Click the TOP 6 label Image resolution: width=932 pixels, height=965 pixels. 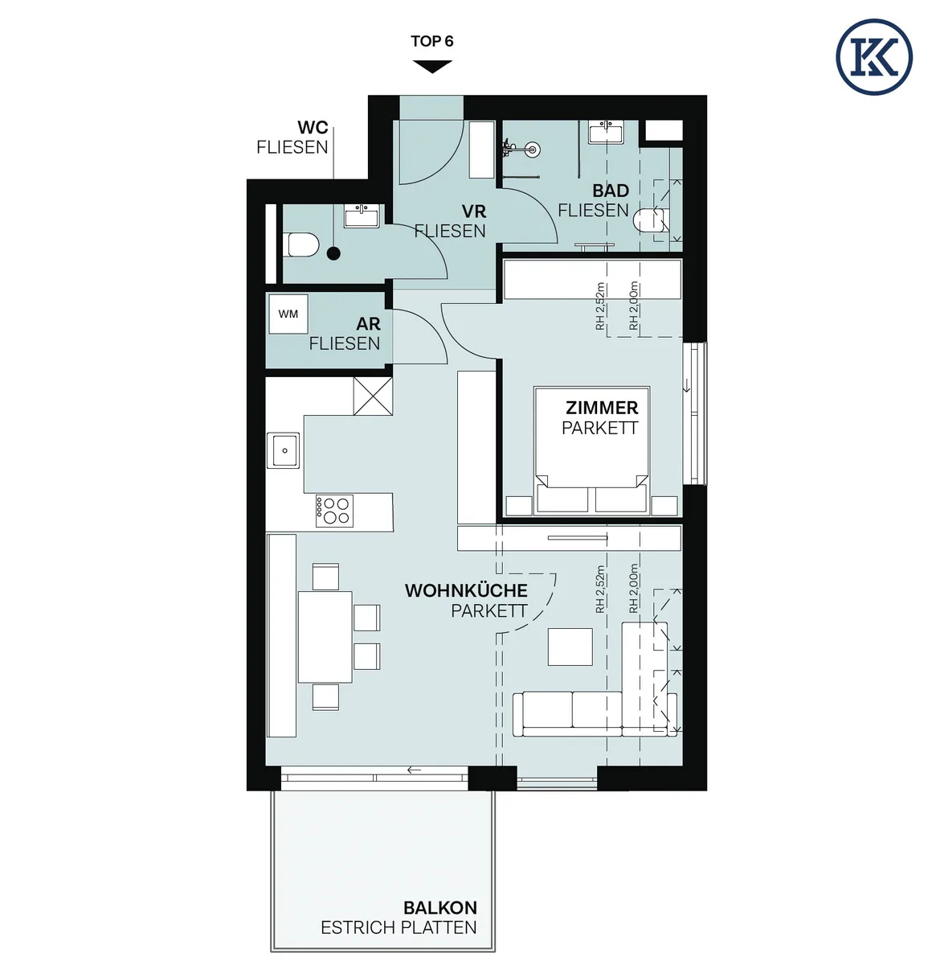click(431, 41)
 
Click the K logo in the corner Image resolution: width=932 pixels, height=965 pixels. click(873, 56)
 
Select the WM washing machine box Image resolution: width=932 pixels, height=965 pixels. click(288, 314)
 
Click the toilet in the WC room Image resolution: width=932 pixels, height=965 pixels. click(302, 245)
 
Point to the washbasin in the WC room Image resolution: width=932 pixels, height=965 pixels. click(362, 216)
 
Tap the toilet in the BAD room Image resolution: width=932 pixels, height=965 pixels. click(651, 220)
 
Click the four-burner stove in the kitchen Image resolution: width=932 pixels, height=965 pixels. click(334, 511)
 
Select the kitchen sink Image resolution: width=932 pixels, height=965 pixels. click(284, 450)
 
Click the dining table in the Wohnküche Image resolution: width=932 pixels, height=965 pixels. click(325, 637)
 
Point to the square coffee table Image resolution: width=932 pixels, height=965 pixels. click(570, 647)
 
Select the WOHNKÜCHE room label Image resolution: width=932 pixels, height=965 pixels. click(466, 590)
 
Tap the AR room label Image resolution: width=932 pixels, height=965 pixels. click(368, 324)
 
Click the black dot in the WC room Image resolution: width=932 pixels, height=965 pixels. click(334, 254)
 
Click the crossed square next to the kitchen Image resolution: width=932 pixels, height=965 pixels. click(373, 396)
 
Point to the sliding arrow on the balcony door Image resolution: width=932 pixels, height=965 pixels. click(415, 770)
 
